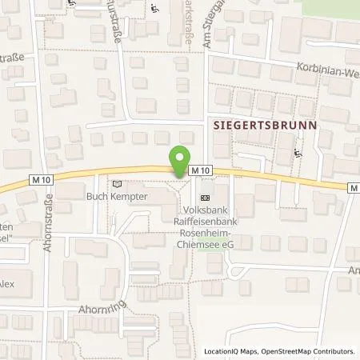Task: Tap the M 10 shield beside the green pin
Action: tap(201, 170)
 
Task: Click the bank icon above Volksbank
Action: tap(205, 197)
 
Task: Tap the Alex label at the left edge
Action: tap(6, 282)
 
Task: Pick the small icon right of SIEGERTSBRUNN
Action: tap(299, 154)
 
